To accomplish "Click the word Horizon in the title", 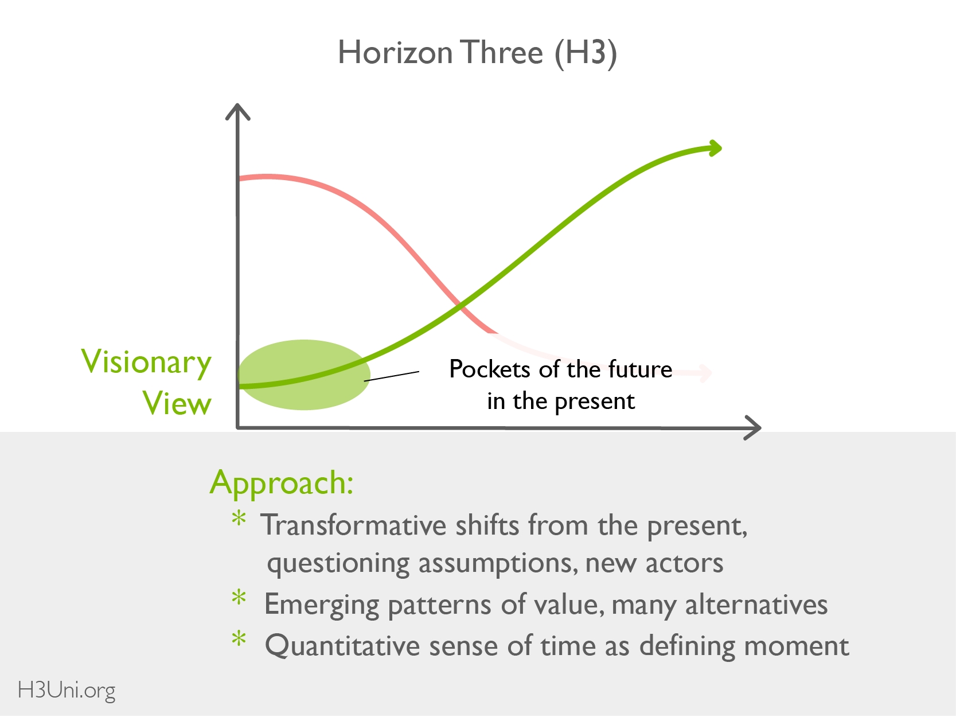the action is click(x=396, y=53).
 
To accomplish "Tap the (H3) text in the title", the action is click(x=586, y=53).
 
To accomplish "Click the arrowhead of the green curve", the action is click(x=715, y=148).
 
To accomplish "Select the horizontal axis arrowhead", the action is click(x=752, y=428).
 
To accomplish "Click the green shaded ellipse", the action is click(x=305, y=375).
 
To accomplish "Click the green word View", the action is click(x=177, y=403).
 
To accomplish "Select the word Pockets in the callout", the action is click(x=490, y=369).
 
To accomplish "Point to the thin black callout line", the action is click(x=392, y=376).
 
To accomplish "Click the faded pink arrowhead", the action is click(x=705, y=373).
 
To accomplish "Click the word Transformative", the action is click(x=353, y=525).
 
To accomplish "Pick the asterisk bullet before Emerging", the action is click(x=239, y=597).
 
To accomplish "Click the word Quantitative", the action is click(x=342, y=646).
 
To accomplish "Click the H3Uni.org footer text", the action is click(x=67, y=691).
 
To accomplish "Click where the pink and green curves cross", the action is click(x=459, y=306).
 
